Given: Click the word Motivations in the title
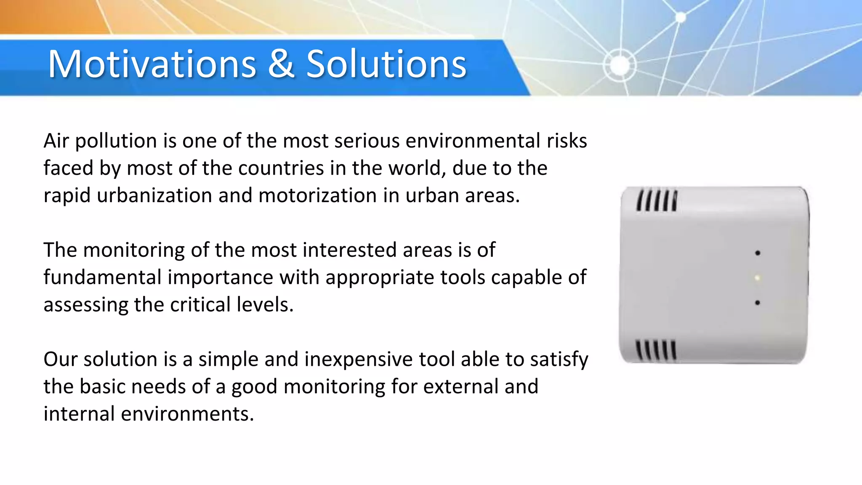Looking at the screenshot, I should [152, 64].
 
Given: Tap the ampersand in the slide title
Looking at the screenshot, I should [281, 64].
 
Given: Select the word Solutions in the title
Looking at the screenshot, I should [386, 64].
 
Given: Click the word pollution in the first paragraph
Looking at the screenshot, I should [116, 141].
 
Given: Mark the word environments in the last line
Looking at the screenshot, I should [187, 414].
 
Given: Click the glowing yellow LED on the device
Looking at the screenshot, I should [757, 278].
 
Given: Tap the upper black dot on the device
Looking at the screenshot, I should [758, 253].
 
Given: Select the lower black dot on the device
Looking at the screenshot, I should [757, 303].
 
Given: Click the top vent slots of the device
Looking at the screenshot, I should [657, 200].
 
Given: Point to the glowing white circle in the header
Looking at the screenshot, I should [620, 65].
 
